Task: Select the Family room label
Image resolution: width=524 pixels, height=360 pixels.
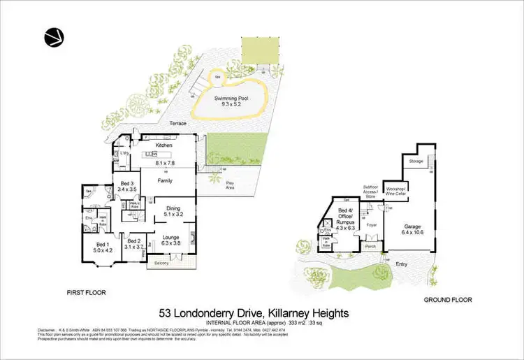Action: (164, 180)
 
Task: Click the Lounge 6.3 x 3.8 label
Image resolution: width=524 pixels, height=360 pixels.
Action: (170, 240)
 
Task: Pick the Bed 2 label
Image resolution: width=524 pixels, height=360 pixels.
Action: (135, 244)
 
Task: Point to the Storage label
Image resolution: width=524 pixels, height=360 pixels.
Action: (415, 161)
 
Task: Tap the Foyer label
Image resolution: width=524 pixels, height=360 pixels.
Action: (372, 225)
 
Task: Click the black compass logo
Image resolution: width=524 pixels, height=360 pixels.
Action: (52, 37)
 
